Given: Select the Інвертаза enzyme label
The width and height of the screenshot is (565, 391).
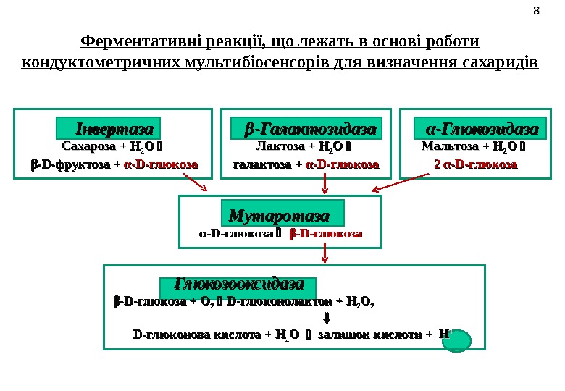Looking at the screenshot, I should (108, 130).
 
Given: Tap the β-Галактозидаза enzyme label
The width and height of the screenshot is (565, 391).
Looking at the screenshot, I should (310, 130).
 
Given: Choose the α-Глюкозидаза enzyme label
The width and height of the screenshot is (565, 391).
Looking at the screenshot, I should (482, 130).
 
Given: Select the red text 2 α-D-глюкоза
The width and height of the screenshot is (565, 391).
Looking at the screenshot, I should (475, 164).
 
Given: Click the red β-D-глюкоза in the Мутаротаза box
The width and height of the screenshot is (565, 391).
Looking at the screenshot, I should (326, 234).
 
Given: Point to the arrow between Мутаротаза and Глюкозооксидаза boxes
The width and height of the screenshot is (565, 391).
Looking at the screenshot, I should (325, 252).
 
